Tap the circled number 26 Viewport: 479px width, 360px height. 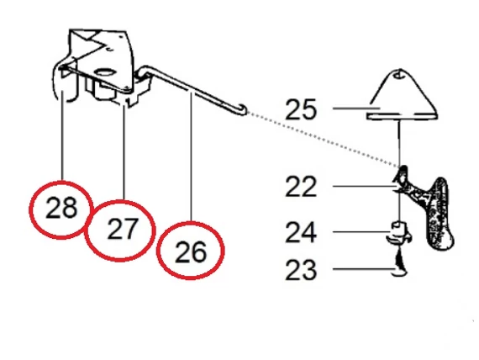191,251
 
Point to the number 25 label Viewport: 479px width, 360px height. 300,109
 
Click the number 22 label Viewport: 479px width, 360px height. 301,186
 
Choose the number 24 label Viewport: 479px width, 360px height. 301,232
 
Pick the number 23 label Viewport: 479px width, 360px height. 301,269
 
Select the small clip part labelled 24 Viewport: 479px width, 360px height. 399,233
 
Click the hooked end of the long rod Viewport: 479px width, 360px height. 241,109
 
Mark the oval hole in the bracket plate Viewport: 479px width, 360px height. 105,72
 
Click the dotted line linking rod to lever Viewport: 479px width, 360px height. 324,140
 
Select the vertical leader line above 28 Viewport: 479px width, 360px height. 62,135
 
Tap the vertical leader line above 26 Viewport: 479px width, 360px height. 192,157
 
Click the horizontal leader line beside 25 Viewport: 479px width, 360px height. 356,109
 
